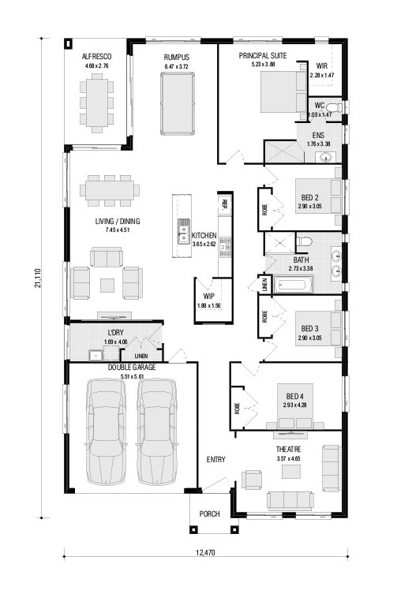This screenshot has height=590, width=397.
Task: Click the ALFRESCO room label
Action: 96,57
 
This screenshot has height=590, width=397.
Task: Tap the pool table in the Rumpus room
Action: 178,103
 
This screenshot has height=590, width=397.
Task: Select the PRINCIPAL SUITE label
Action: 263,56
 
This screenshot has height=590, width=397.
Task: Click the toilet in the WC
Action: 334,107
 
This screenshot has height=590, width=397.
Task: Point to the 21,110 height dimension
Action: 38,278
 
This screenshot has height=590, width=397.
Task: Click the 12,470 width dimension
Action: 205,552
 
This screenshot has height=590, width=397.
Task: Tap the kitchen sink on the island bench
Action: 183,231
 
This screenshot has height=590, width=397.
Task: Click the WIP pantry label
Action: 208,296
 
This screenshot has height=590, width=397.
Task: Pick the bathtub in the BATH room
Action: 294,285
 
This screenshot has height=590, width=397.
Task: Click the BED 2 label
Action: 309,197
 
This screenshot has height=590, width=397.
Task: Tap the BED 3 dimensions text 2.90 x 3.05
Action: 309,338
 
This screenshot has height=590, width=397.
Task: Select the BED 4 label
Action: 295,396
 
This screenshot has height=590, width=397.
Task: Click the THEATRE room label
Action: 289,450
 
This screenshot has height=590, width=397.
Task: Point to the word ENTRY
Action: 215,459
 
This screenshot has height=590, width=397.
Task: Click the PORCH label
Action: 209,514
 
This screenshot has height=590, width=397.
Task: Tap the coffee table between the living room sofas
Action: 107,286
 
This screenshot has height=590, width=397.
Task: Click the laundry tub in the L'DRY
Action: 96,355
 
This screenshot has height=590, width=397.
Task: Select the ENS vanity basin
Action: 325,157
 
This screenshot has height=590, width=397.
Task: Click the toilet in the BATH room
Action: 304,241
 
